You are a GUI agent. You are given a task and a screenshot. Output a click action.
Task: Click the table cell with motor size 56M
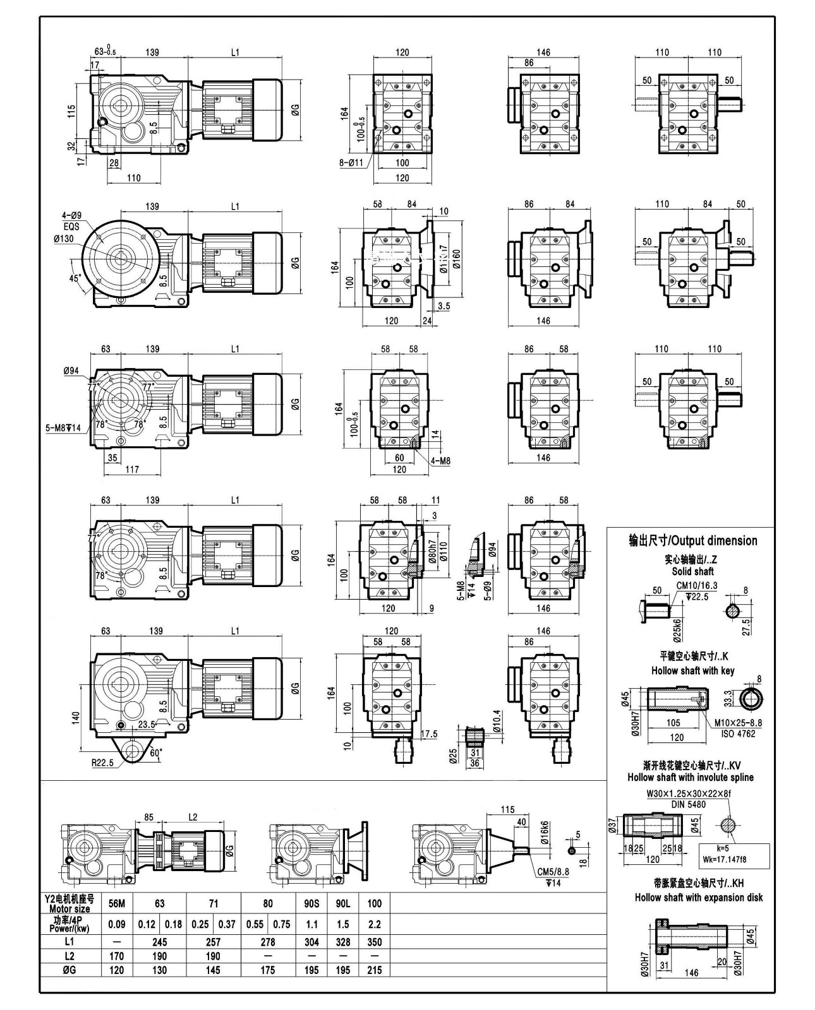click(117, 903)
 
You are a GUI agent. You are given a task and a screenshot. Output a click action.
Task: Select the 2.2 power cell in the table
click(374, 924)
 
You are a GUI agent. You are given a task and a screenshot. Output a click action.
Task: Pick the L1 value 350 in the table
click(374, 942)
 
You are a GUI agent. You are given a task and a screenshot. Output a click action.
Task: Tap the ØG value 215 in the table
click(374, 970)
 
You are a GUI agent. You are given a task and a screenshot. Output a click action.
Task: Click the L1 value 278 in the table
click(268, 942)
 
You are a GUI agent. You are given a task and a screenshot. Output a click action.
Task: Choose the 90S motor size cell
click(311, 903)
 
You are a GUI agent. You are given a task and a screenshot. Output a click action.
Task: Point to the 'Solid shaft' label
click(692, 571)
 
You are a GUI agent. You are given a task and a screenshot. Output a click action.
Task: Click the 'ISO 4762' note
click(739, 734)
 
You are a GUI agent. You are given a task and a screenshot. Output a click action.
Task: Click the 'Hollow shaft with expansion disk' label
click(698, 897)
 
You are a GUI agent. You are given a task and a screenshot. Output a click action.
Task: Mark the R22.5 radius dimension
click(102, 763)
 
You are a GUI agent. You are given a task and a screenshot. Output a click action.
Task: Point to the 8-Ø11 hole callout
click(350, 162)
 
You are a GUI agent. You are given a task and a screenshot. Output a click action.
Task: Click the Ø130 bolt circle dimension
click(64, 239)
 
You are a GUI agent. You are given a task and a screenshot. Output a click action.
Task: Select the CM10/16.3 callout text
click(696, 586)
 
